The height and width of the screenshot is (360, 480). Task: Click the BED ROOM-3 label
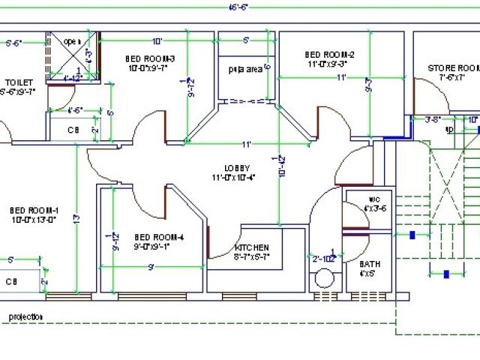tap(149, 58)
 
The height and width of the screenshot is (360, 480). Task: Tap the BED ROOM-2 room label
tap(329, 54)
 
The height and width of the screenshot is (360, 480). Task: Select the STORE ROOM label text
tap(453, 67)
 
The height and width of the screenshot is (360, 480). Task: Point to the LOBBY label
tap(236, 167)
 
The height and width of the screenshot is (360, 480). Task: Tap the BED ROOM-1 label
tap(30, 210)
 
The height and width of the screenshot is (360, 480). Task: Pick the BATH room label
tap(370, 264)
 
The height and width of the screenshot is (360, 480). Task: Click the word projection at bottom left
tap(25, 316)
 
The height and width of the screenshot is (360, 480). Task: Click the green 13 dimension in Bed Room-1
tap(76, 218)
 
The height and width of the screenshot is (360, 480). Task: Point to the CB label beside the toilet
tap(73, 130)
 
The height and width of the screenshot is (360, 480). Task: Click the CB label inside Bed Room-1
tap(10, 281)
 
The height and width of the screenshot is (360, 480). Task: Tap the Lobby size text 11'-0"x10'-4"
tap(234, 177)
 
